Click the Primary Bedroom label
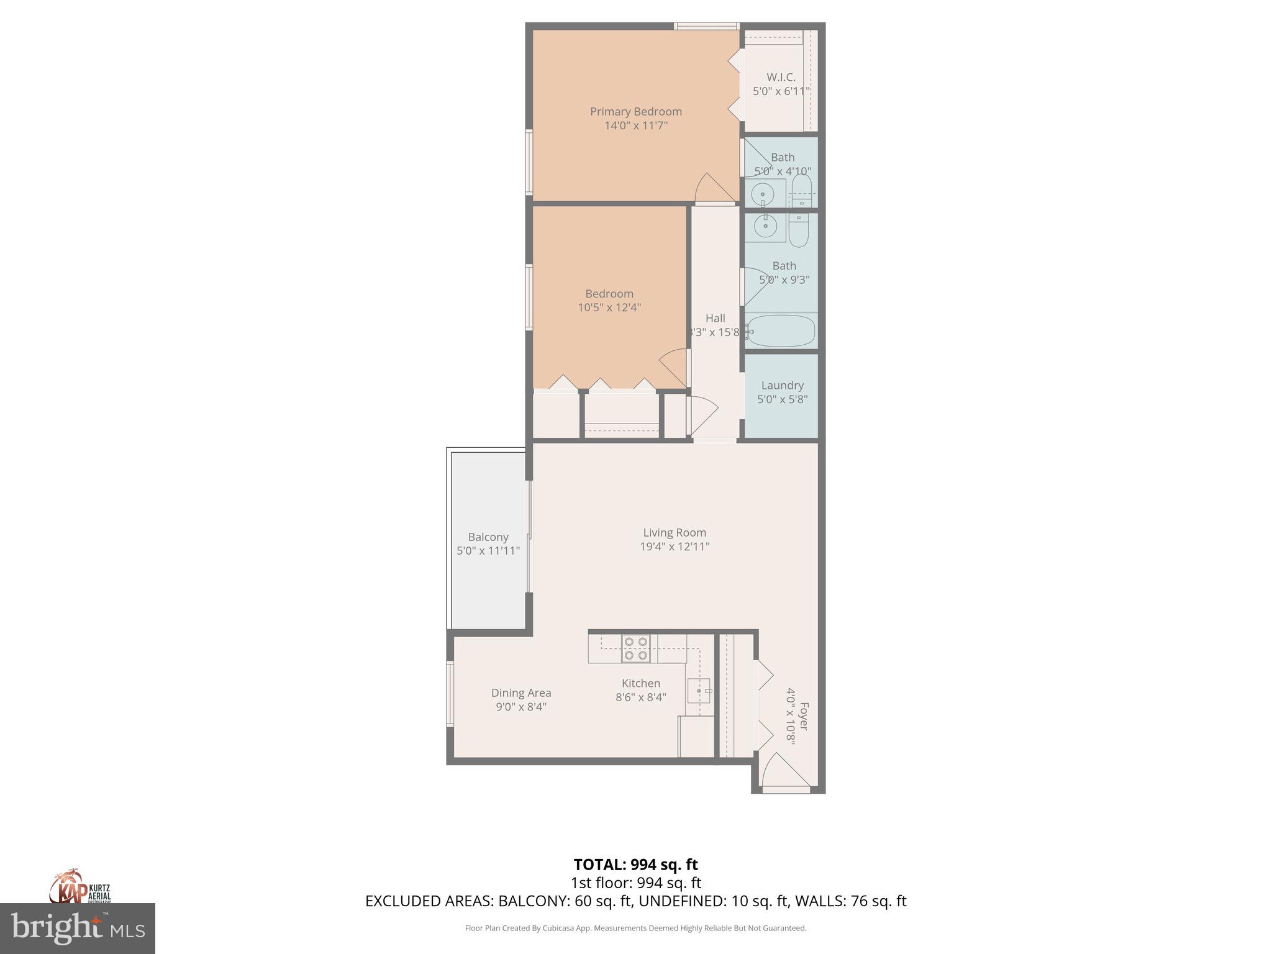(635, 112)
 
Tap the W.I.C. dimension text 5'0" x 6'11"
(781, 91)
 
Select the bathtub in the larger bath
(781, 331)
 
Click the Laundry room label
(782, 386)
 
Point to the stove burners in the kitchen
(635, 648)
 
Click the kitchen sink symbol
(699, 691)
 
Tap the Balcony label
(488, 537)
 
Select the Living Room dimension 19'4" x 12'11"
(675, 547)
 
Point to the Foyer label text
(804, 715)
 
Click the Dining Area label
(521, 693)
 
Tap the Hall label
(715, 319)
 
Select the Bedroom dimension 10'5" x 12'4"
(609, 307)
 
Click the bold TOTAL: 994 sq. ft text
(635, 865)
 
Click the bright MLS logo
(78, 929)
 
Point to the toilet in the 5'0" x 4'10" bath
(802, 189)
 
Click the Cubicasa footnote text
(635, 929)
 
